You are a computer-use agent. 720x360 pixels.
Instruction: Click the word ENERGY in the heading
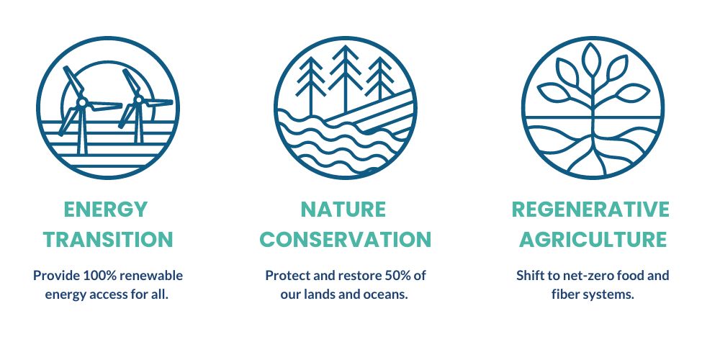(106, 210)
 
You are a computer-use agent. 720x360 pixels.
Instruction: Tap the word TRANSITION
(108, 240)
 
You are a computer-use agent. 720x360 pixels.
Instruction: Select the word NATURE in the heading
(343, 210)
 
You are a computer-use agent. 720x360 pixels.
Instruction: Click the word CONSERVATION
(346, 240)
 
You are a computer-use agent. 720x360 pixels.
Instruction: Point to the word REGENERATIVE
(590, 210)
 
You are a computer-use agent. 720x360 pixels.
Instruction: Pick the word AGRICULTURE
(593, 240)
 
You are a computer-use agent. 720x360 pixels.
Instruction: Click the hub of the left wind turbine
(82, 102)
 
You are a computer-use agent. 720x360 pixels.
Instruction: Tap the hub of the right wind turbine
(138, 99)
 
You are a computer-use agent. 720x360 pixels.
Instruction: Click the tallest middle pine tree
(346, 78)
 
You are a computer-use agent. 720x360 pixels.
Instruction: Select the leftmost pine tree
(311, 86)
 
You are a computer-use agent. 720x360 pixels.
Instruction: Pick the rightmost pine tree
(380, 78)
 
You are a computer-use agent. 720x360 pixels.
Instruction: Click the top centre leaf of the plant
(591, 59)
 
